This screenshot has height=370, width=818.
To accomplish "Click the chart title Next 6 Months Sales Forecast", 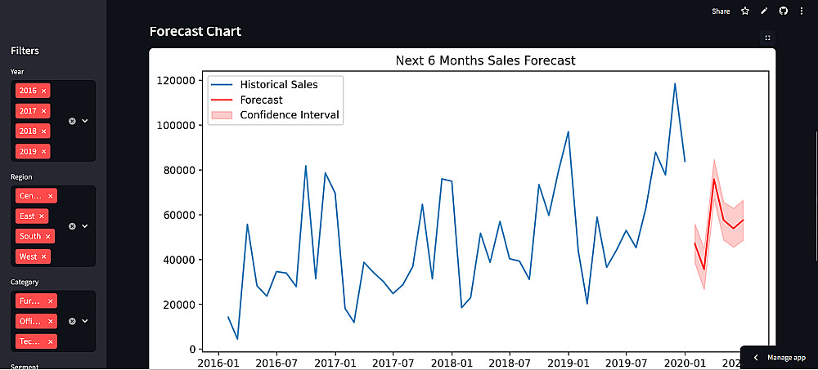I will [485, 60].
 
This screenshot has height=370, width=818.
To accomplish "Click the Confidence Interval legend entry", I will [290, 115].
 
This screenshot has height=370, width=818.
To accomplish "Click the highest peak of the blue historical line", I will [675, 83].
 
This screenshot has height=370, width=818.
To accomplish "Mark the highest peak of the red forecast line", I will [714, 178].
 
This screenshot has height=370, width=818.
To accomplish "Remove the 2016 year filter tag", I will [44, 91].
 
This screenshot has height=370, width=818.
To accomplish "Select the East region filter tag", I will [27, 216].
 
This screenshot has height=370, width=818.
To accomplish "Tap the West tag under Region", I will [28, 256].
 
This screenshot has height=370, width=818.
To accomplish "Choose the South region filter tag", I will [30, 236].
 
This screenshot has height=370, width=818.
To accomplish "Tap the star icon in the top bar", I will [745, 11].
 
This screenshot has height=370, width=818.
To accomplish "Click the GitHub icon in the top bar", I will [783, 11].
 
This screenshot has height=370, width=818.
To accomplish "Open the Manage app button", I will [780, 358].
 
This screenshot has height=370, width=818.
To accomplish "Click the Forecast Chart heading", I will [196, 32].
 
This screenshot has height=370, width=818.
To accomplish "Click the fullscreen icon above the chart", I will [767, 38].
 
